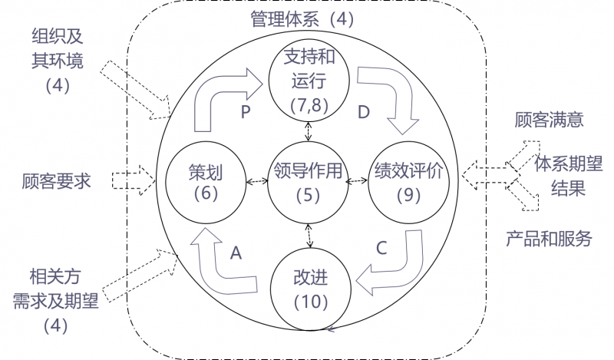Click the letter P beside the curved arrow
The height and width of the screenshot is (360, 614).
[246, 112]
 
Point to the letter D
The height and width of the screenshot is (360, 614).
[364, 112]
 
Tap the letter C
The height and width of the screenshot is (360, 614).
[381, 248]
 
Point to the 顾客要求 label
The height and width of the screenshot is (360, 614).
[57, 181]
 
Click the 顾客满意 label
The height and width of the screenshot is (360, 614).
[550, 120]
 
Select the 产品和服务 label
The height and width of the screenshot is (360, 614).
[549, 239]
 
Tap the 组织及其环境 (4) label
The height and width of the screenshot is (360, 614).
[58, 60]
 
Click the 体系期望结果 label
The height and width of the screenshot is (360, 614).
[569, 176]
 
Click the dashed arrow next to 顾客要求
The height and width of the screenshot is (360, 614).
[133, 180]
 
